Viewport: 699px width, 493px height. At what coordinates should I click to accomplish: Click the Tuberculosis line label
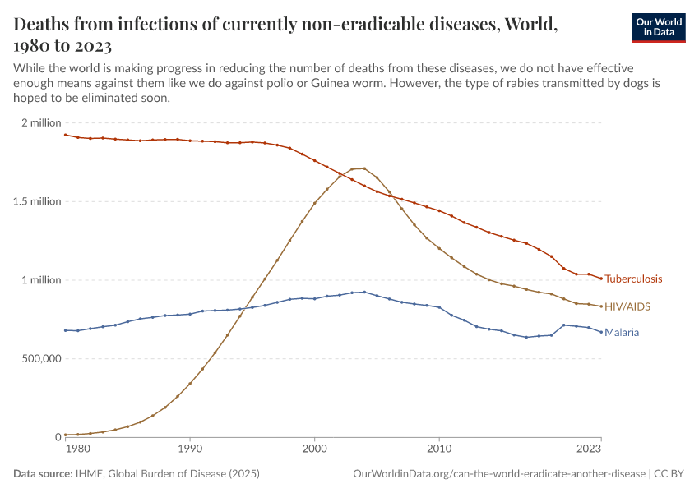click(633, 279)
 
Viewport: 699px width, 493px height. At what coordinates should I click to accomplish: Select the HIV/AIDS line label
click(627, 306)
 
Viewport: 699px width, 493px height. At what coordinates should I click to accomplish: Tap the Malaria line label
click(622, 333)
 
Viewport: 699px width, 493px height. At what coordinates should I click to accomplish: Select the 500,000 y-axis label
click(35, 359)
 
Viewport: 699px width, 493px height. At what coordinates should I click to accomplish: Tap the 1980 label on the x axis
click(76, 449)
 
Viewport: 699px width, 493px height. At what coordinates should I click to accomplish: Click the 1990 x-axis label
click(190, 449)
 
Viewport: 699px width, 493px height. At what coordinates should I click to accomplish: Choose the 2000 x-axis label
click(314, 449)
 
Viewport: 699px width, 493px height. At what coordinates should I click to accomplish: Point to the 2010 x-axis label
click(439, 449)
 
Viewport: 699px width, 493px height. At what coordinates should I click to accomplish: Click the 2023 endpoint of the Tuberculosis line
click(601, 279)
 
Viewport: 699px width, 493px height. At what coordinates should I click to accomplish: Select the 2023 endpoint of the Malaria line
click(601, 332)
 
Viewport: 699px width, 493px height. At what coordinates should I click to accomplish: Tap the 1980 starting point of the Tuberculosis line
click(65, 135)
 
